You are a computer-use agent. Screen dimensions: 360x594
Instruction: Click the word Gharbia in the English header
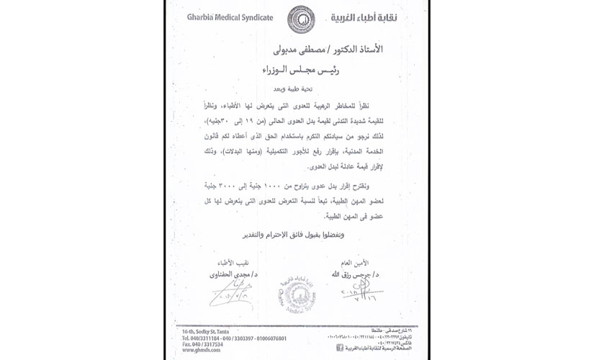pos(202,18)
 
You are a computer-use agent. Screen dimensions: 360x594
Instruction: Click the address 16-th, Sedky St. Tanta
pos(211,330)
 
